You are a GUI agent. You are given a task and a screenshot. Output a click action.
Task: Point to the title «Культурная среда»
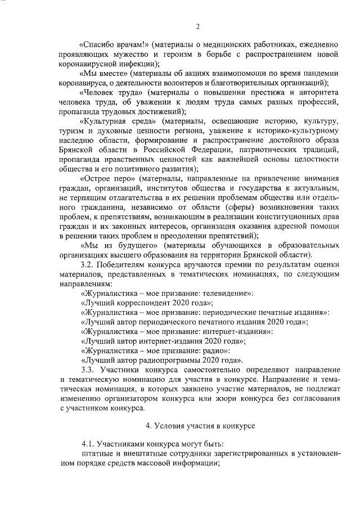click(x=119, y=123)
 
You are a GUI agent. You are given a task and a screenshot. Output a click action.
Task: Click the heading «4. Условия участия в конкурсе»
click(x=197, y=425)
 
